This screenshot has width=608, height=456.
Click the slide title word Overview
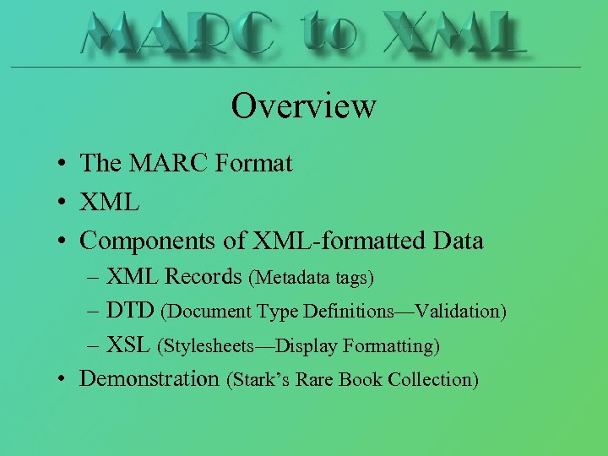pyautogui.click(x=303, y=106)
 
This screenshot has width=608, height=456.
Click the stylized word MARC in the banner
pyautogui.click(x=178, y=34)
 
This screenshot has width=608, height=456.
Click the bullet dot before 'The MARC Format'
pyautogui.click(x=65, y=164)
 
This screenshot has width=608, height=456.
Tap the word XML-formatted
pyautogui.click(x=334, y=241)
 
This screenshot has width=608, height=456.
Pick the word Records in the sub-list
pyautogui.click(x=204, y=276)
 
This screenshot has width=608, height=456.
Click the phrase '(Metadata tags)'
pyautogui.click(x=311, y=277)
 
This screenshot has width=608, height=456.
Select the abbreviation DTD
pyautogui.click(x=130, y=311)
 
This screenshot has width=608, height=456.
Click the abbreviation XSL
pyautogui.click(x=128, y=345)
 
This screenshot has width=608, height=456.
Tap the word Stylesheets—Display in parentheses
pyautogui.click(x=246, y=346)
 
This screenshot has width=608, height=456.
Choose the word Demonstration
pyautogui.click(x=149, y=378)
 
